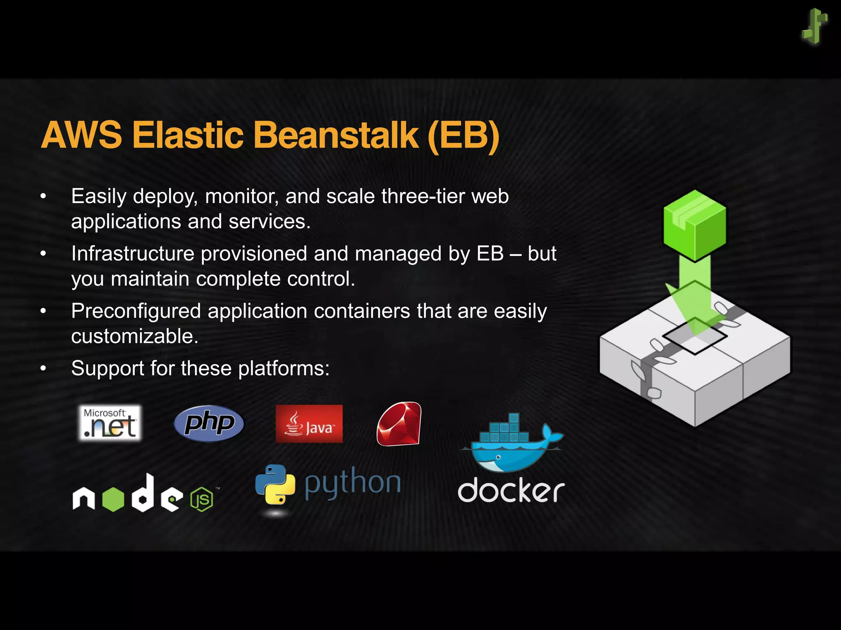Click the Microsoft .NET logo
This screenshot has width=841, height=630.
(110, 423)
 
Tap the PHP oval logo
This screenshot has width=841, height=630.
(209, 423)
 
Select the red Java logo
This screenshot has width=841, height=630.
(309, 424)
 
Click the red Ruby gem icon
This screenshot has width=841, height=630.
(399, 424)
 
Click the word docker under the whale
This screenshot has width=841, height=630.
(511, 490)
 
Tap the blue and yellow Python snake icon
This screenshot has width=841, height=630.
(275, 484)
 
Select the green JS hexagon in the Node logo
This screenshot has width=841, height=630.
(202, 499)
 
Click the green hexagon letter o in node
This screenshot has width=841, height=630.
(113, 499)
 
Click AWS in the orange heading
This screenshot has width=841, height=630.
(81, 135)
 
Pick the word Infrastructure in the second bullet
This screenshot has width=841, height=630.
(132, 253)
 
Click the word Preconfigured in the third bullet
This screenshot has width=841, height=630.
(136, 311)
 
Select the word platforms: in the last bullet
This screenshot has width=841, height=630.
(284, 368)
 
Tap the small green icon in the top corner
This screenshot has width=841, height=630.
(814, 26)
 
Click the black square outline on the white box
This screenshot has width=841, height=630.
(694, 336)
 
